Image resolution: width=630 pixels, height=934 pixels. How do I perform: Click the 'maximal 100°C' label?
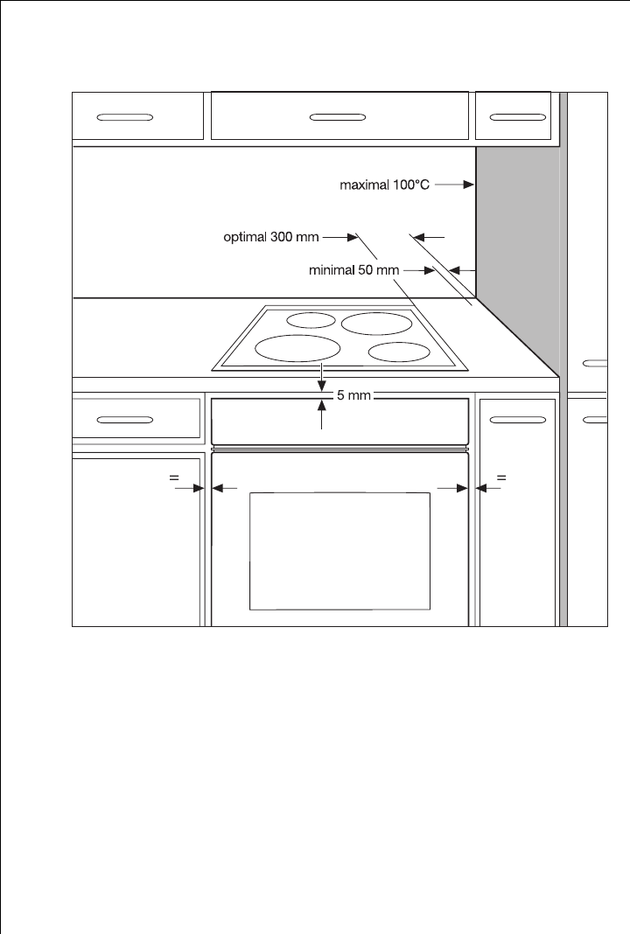384,185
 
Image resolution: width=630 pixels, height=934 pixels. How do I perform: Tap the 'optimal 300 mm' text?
271,237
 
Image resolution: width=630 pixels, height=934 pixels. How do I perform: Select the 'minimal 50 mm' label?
354,270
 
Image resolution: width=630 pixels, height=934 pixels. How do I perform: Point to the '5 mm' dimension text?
354,394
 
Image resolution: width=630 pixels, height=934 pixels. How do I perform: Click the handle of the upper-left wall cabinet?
124,117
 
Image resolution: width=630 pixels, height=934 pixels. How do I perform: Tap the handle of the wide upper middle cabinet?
338,117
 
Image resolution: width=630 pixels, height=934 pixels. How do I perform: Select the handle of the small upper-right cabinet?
517,117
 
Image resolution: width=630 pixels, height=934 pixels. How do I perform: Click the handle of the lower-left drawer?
124,420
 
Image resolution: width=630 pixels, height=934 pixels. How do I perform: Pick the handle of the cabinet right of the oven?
517,420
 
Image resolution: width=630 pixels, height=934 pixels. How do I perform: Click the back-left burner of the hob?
311,320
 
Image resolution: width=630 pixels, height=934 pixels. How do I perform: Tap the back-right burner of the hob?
377,324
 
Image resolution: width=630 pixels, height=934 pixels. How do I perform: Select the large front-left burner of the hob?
297,348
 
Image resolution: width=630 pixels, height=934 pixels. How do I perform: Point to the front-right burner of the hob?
399,352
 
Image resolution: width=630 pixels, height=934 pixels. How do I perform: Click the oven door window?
339,551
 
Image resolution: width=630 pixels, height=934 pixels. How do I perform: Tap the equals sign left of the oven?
174,477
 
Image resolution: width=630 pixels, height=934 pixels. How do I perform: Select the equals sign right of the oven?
501,477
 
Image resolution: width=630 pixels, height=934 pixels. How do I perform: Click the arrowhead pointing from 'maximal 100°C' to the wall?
468,185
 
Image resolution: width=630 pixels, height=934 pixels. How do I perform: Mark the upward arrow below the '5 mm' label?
322,415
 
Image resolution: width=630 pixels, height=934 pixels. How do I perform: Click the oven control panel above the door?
339,422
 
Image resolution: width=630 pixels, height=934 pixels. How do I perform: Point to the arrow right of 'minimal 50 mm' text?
420,270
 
